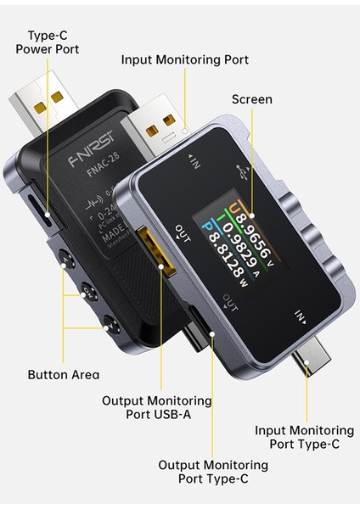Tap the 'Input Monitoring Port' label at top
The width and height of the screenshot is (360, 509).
pyautogui.click(x=184, y=60)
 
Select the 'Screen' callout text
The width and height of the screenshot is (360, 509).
pyautogui.click(x=251, y=99)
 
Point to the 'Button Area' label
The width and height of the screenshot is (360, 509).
pyautogui.click(x=63, y=374)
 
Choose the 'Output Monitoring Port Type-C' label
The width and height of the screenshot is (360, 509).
pyautogui.click(x=213, y=472)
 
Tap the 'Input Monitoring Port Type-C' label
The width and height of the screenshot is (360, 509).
pyautogui.click(x=304, y=438)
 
